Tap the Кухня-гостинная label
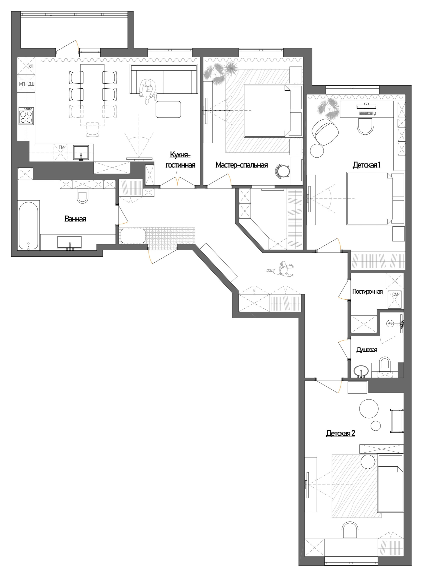point(180,160)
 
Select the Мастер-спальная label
point(241,165)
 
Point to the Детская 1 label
point(366,165)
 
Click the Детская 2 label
point(340,433)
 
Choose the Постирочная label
point(367,292)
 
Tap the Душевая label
point(367,350)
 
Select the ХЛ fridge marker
point(31,66)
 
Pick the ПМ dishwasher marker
point(61,148)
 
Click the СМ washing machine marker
point(395,295)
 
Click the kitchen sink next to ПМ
point(81,153)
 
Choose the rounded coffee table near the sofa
point(168,109)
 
